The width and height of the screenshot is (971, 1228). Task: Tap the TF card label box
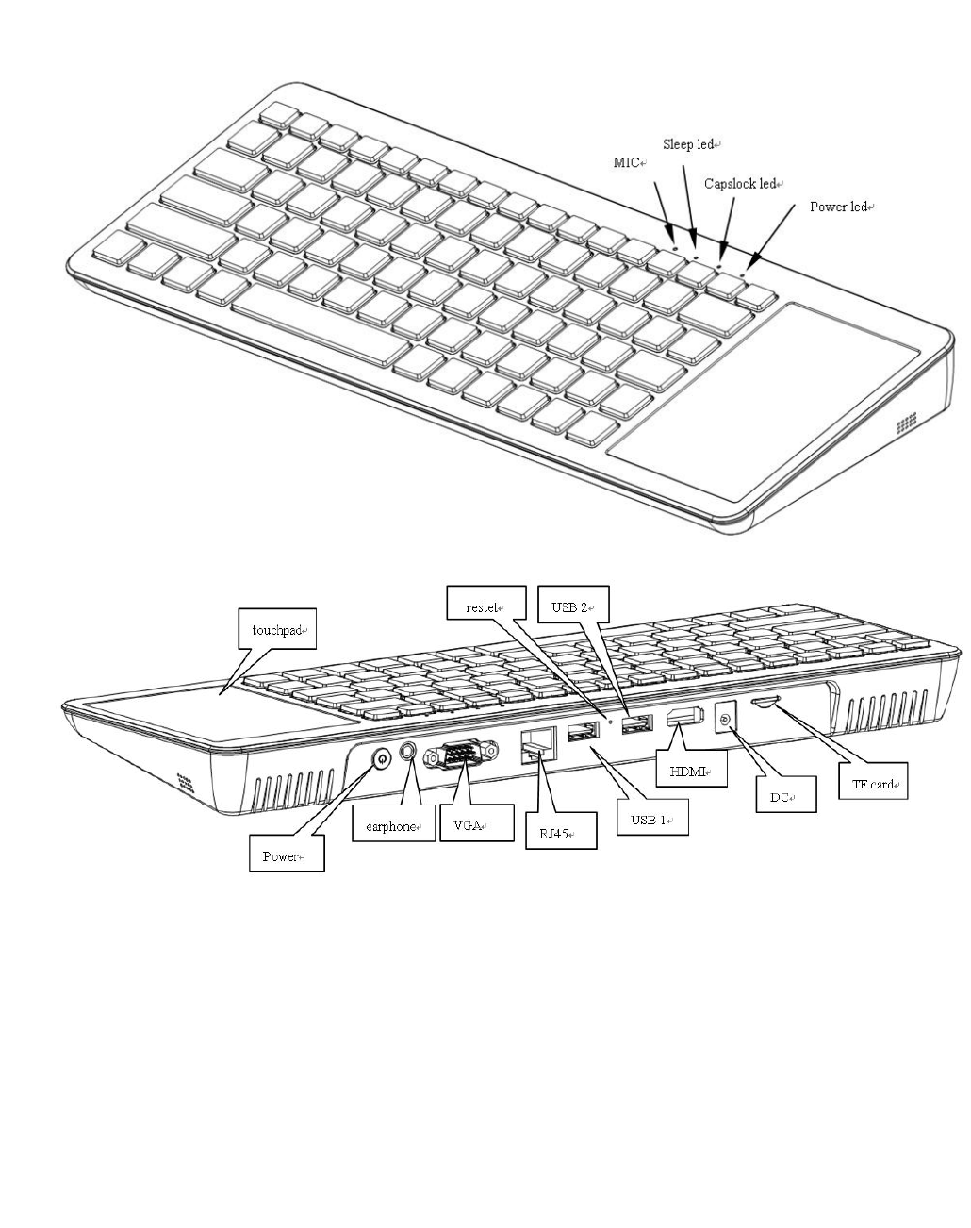pos(873,784)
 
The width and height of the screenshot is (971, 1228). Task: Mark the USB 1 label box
pos(650,820)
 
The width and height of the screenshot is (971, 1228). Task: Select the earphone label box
pos(387,826)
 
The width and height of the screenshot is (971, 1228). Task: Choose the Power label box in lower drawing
pos(286,856)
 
